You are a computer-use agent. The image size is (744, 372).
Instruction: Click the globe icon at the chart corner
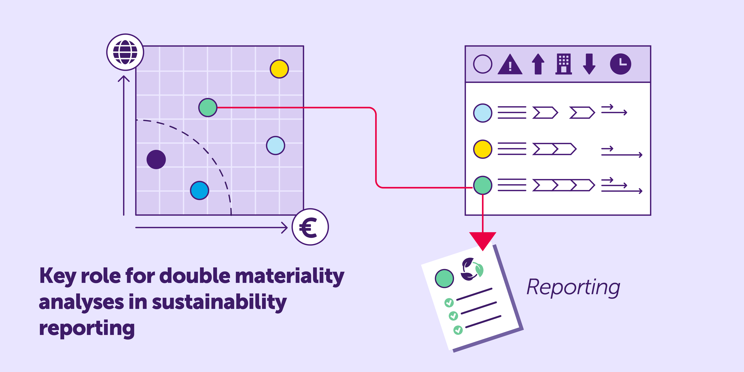125,52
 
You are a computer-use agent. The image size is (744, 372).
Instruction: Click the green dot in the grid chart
208,107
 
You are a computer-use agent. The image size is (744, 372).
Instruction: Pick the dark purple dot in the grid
156,159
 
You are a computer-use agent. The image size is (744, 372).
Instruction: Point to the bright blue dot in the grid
199,190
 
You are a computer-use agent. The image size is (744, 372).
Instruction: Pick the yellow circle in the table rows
483,149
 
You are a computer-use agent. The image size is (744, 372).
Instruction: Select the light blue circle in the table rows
483,113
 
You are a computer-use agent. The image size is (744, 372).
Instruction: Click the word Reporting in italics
573,287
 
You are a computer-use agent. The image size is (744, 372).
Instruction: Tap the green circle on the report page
444,278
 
